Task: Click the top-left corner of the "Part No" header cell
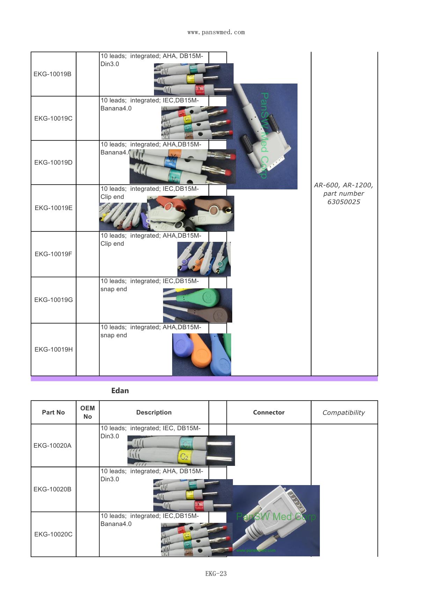[31, 401]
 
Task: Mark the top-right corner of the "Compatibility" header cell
[378, 401]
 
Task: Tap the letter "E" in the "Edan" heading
[113, 391]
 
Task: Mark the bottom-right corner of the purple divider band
[378, 381]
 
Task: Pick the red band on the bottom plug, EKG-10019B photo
[199, 89]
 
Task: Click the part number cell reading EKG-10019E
[53, 208]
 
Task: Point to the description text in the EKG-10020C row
[150, 520]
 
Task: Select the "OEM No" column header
[88, 412]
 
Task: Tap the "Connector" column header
[269, 412]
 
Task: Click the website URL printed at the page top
[216, 33]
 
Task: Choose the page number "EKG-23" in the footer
[216, 574]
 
